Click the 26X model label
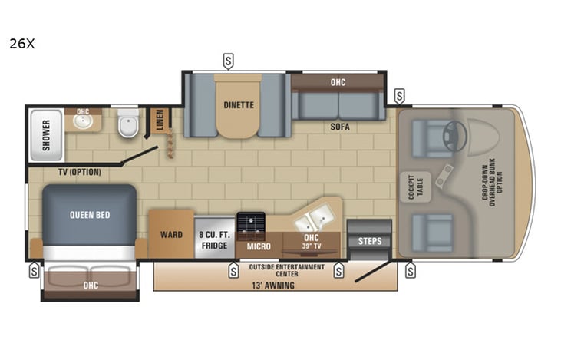point(21,44)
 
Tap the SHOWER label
point(45,134)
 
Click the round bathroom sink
point(83,121)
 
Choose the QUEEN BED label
point(89,215)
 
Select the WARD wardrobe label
point(171,235)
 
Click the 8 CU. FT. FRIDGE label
point(214,239)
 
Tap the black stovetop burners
point(250,224)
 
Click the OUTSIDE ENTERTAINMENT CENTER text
point(287,271)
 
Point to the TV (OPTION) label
point(80,172)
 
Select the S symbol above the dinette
point(228,60)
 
